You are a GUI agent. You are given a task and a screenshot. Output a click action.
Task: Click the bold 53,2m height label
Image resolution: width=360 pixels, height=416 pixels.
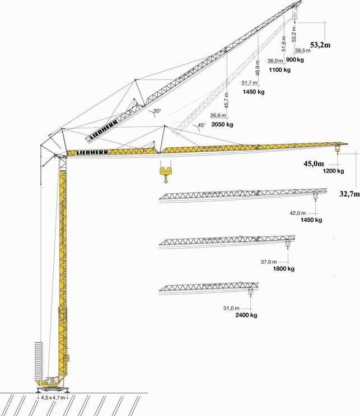(320, 45)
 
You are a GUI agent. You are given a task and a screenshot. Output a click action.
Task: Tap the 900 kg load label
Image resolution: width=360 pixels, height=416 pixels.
(295, 60)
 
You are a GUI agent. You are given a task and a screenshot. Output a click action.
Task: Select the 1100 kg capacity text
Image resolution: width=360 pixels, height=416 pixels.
(279, 70)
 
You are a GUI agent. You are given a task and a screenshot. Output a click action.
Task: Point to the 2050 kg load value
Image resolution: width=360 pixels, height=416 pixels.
(222, 124)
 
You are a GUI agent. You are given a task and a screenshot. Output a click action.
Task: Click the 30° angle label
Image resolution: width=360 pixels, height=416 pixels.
(157, 111)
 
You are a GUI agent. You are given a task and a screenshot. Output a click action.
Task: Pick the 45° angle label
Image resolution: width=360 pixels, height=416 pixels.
(202, 125)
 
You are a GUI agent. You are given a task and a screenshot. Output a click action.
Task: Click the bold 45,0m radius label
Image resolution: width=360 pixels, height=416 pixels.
(314, 163)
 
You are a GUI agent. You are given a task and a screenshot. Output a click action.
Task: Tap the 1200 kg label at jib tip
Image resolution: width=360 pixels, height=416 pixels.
(333, 171)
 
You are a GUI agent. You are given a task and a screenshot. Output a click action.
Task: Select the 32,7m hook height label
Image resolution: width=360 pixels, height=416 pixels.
(350, 194)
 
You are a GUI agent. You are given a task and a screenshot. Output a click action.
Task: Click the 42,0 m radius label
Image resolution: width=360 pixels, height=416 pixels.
(298, 213)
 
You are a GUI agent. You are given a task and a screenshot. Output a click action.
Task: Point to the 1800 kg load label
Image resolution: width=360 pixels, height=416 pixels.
(284, 269)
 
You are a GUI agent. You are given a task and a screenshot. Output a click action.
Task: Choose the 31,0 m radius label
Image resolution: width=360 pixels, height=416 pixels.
(231, 309)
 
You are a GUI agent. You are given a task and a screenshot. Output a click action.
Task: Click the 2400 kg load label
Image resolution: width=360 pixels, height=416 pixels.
(246, 315)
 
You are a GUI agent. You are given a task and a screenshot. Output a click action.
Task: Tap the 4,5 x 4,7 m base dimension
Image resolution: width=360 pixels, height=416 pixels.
(53, 398)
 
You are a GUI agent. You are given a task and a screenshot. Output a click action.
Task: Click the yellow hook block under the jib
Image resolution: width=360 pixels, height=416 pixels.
(165, 175)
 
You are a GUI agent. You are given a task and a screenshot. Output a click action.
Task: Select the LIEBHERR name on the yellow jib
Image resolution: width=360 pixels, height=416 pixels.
(92, 152)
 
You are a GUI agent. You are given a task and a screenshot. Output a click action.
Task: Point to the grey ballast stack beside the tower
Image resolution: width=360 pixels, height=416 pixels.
(39, 362)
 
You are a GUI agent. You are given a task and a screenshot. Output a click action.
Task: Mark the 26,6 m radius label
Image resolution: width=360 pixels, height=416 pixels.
(218, 115)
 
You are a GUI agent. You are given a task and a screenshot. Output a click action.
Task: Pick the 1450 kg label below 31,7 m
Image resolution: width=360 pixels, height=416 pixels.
(254, 92)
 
